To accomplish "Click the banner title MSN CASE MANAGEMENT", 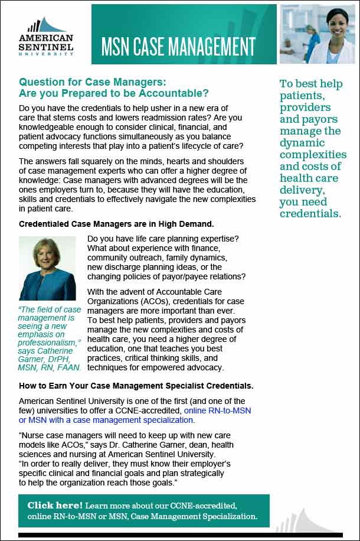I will coord(178,45).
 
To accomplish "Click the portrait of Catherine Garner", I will coord(48,268).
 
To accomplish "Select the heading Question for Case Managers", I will coord(93,82).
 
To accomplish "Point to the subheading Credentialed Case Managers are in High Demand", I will coord(116,224).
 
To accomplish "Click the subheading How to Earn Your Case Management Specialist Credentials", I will coord(136,386).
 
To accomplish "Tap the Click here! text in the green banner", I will coord(55,506).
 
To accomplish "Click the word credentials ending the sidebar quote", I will coord(310,214).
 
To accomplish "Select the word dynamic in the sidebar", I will coord(302,143).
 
